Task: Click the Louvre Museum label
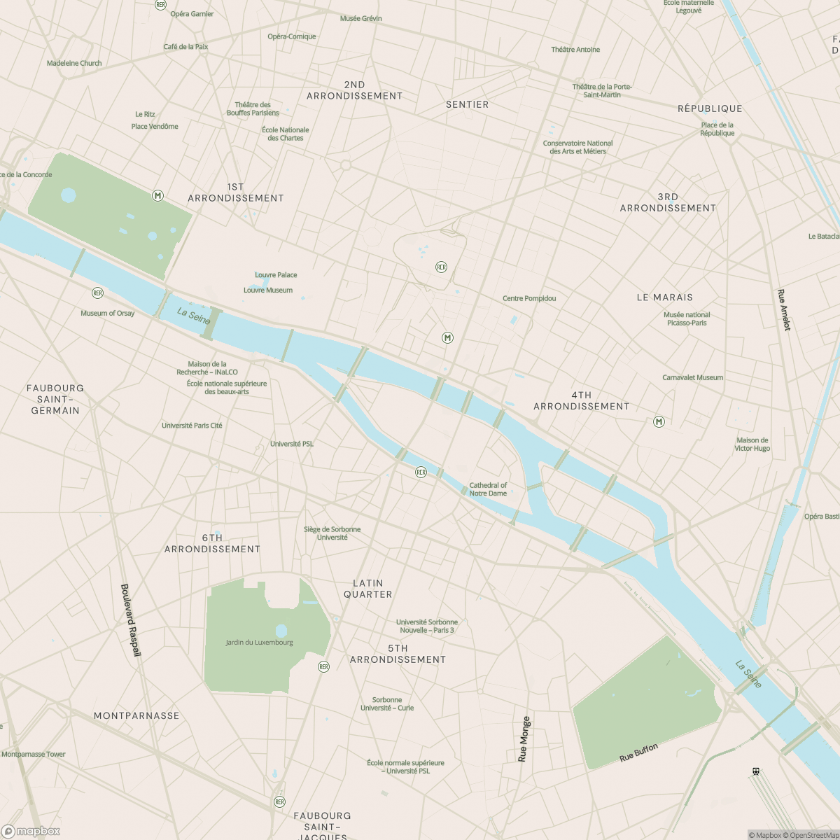pyautogui.click(x=268, y=290)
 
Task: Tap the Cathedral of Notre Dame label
pyautogui.click(x=488, y=489)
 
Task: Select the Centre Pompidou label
pyautogui.click(x=529, y=298)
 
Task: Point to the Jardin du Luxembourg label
pyautogui.click(x=259, y=643)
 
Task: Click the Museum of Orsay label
pyautogui.click(x=107, y=313)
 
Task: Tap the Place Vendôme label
pyautogui.click(x=155, y=127)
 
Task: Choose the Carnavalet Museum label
pyautogui.click(x=693, y=378)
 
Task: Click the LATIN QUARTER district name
pyautogui.click(x=368, y=589)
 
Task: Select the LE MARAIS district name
pyautogui.click(x=664, y=297)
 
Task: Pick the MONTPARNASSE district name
pyautogui.click(x=136, y=715)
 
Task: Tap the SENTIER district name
pyautogui.click(x=468, y=104)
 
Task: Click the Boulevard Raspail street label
pyautogui.click(x=131, y=620)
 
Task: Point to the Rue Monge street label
pyautogui.click(x=524, y=739)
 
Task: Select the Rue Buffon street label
pyautogui.click(x=638, y=753)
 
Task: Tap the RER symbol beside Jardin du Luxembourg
pyautogui.click(x=323, y=666)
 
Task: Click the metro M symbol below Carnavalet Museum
pyautogui.click(x=659, y=421)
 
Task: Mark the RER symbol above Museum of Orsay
pyautogui.click(x=97, y=293)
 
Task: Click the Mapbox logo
pyautogui.click(x=31, y=832)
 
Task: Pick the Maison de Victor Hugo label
pyautogui.click(x=752, y=444)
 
